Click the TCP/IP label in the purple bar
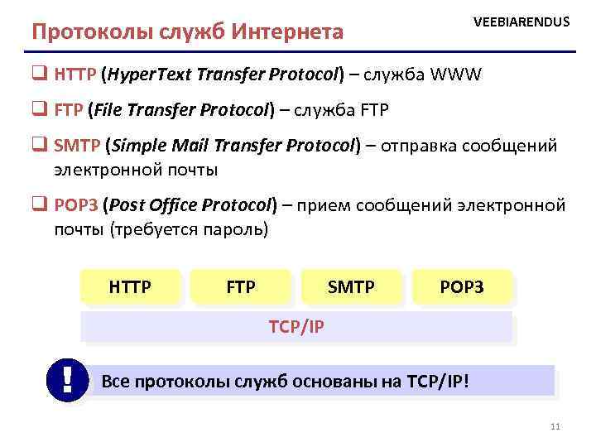click(x=296, y=327)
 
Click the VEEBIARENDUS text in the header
click(x=521, y=22)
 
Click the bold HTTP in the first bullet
click(x=75, y=75)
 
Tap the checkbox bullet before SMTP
click(x=39, y=147)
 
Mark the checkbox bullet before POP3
click(x=39, y=204)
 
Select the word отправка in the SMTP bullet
click(x=419, y=147)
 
